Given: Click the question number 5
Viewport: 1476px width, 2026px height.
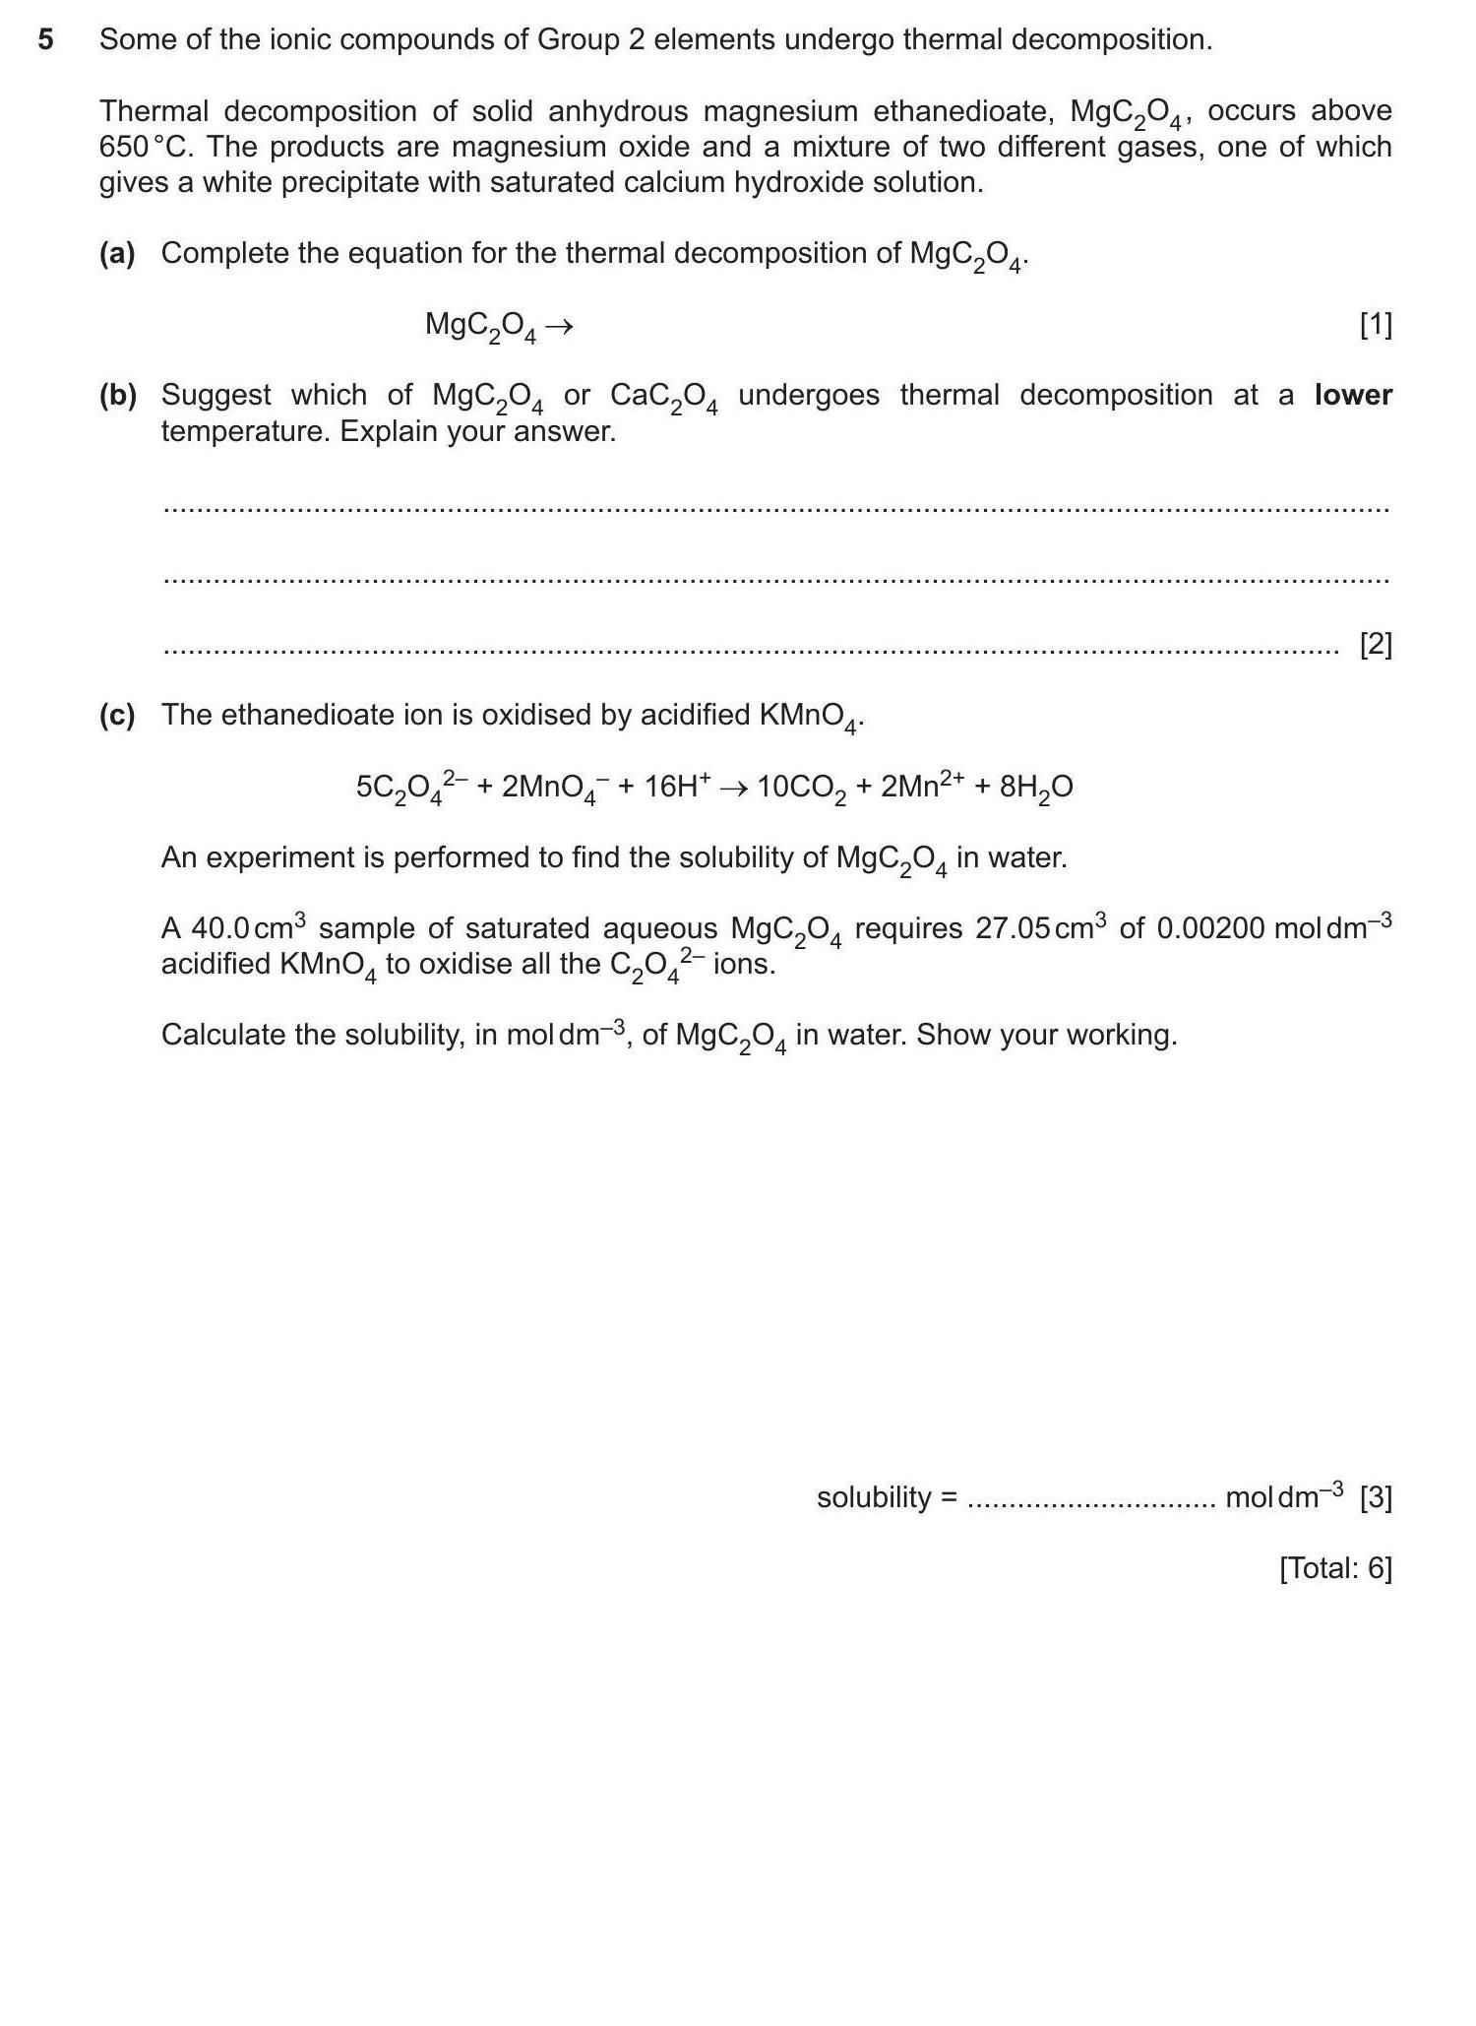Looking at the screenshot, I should pyautogui.click(x=45, y=40).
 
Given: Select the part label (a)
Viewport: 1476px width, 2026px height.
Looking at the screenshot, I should pyautogui.click(x=117, y=254).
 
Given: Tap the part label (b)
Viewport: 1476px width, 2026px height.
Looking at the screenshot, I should pyautogui.click(x=117, y=396).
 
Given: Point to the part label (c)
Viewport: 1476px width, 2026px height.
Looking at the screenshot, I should pyautogui.click(x=117, y=716).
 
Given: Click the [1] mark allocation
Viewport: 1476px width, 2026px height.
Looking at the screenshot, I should pyautogui.click(x=1375, y=325).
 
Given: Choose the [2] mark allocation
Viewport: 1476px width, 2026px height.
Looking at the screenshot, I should pyautogui.click(x=1375, y=645).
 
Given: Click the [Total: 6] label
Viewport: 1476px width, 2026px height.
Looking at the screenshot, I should pyautogui.click(x=1335, y=1568).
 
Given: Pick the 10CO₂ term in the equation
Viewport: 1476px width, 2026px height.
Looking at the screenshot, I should pyautogui.click(x=801, y=788).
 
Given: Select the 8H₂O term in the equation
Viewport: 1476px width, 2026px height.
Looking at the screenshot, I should pyautogui.click(x=1035, y=788).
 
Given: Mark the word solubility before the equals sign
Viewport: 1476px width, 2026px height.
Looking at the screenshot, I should pyautogui.click(x=873, y=1497).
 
